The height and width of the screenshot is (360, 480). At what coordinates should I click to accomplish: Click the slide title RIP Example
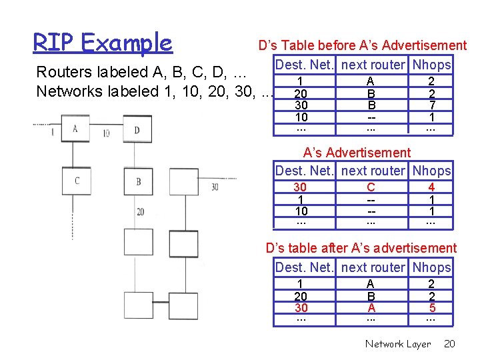click(x=103, y=43)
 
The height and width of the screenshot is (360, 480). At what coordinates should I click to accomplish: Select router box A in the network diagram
click(x=75, y=129)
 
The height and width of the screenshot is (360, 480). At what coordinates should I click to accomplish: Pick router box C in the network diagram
click(x=77, y=181)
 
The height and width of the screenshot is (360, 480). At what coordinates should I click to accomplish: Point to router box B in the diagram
click(x=138, y=181)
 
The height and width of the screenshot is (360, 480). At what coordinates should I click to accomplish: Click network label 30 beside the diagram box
click(x=215, y=187)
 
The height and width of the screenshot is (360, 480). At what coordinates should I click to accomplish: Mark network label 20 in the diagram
click(x=140, y=212)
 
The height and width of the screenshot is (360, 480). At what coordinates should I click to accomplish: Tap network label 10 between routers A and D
click(x=106, y=133)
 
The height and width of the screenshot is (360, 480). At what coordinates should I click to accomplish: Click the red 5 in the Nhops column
click(x=431, y=308)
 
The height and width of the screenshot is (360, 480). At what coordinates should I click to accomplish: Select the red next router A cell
click(x=371, y=308)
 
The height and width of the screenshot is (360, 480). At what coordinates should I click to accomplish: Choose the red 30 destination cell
click(x=301, y=308)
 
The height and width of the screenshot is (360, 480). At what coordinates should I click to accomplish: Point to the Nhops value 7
click(x=431, y=105)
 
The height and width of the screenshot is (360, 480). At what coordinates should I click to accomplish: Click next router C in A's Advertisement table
click(x=371, y=188)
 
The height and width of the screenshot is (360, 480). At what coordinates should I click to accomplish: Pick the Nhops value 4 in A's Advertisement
click(x=431, y=188)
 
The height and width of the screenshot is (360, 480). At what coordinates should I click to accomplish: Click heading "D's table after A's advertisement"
click(x=361, y=249)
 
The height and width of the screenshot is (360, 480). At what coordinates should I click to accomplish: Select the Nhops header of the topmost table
click(x=431, y=65)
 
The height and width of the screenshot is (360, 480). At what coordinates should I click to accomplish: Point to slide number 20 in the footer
click(x=449, y=344)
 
